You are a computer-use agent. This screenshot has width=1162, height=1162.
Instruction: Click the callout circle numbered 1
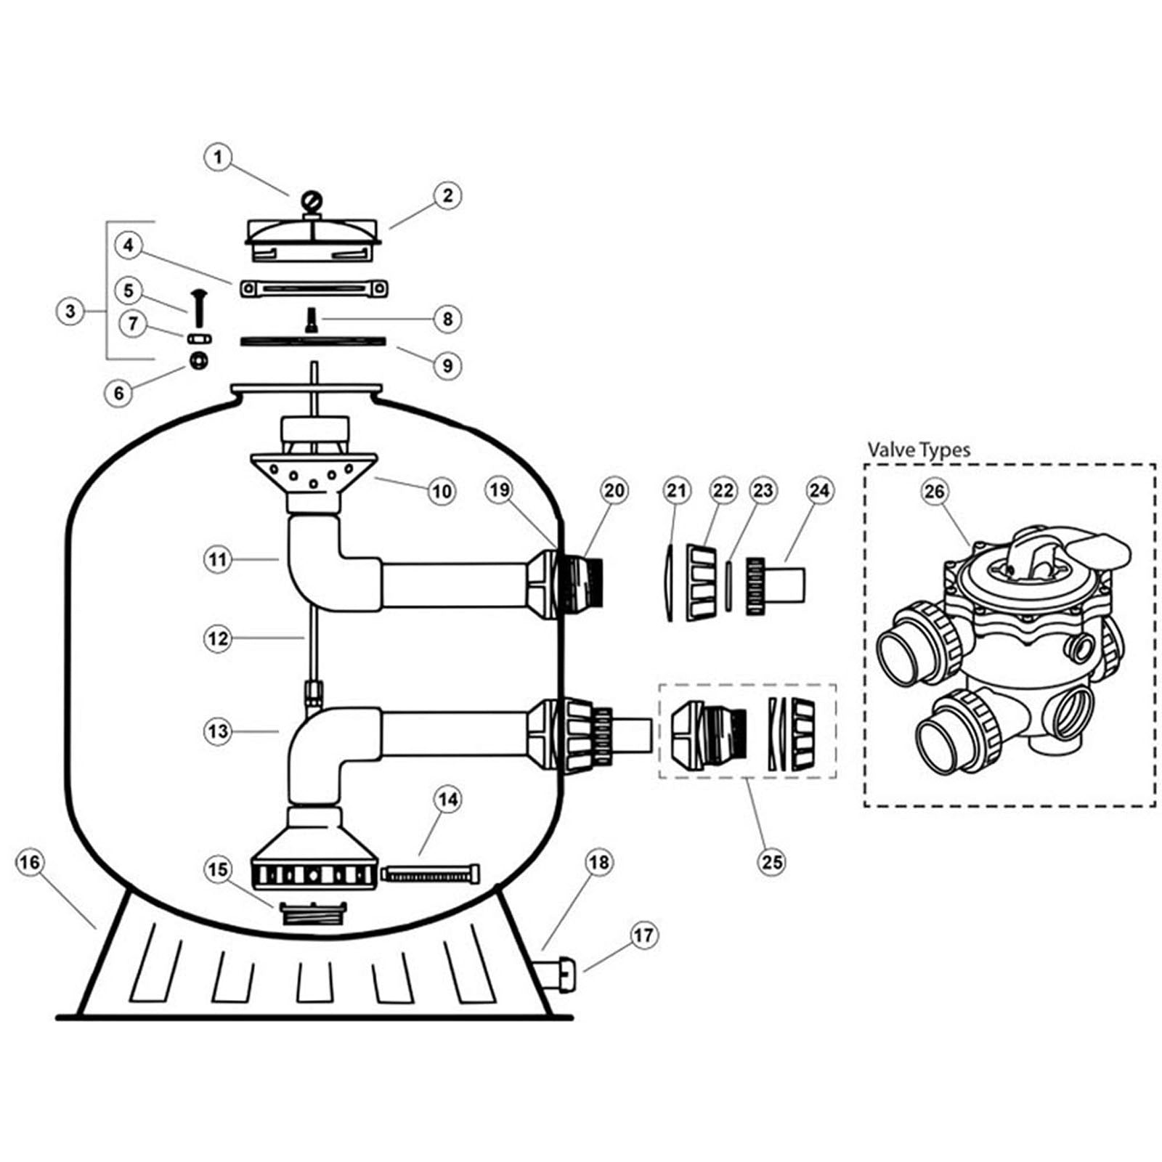tap(218, 158)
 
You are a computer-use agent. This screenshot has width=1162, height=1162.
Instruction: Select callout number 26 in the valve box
tap(934, 492)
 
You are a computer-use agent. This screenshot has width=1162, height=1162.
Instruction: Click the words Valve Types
tap(919, 450)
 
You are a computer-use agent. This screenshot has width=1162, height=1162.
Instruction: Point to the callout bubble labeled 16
tap(29, 862)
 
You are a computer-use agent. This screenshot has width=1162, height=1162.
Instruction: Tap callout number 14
tap(447, 800)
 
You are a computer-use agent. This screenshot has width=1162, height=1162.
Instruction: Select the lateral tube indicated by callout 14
tap(430, 873)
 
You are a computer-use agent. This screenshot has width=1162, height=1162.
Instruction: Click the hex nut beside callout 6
tap(198, 359)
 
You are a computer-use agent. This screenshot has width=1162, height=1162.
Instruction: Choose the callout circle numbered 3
tap(70, 312)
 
